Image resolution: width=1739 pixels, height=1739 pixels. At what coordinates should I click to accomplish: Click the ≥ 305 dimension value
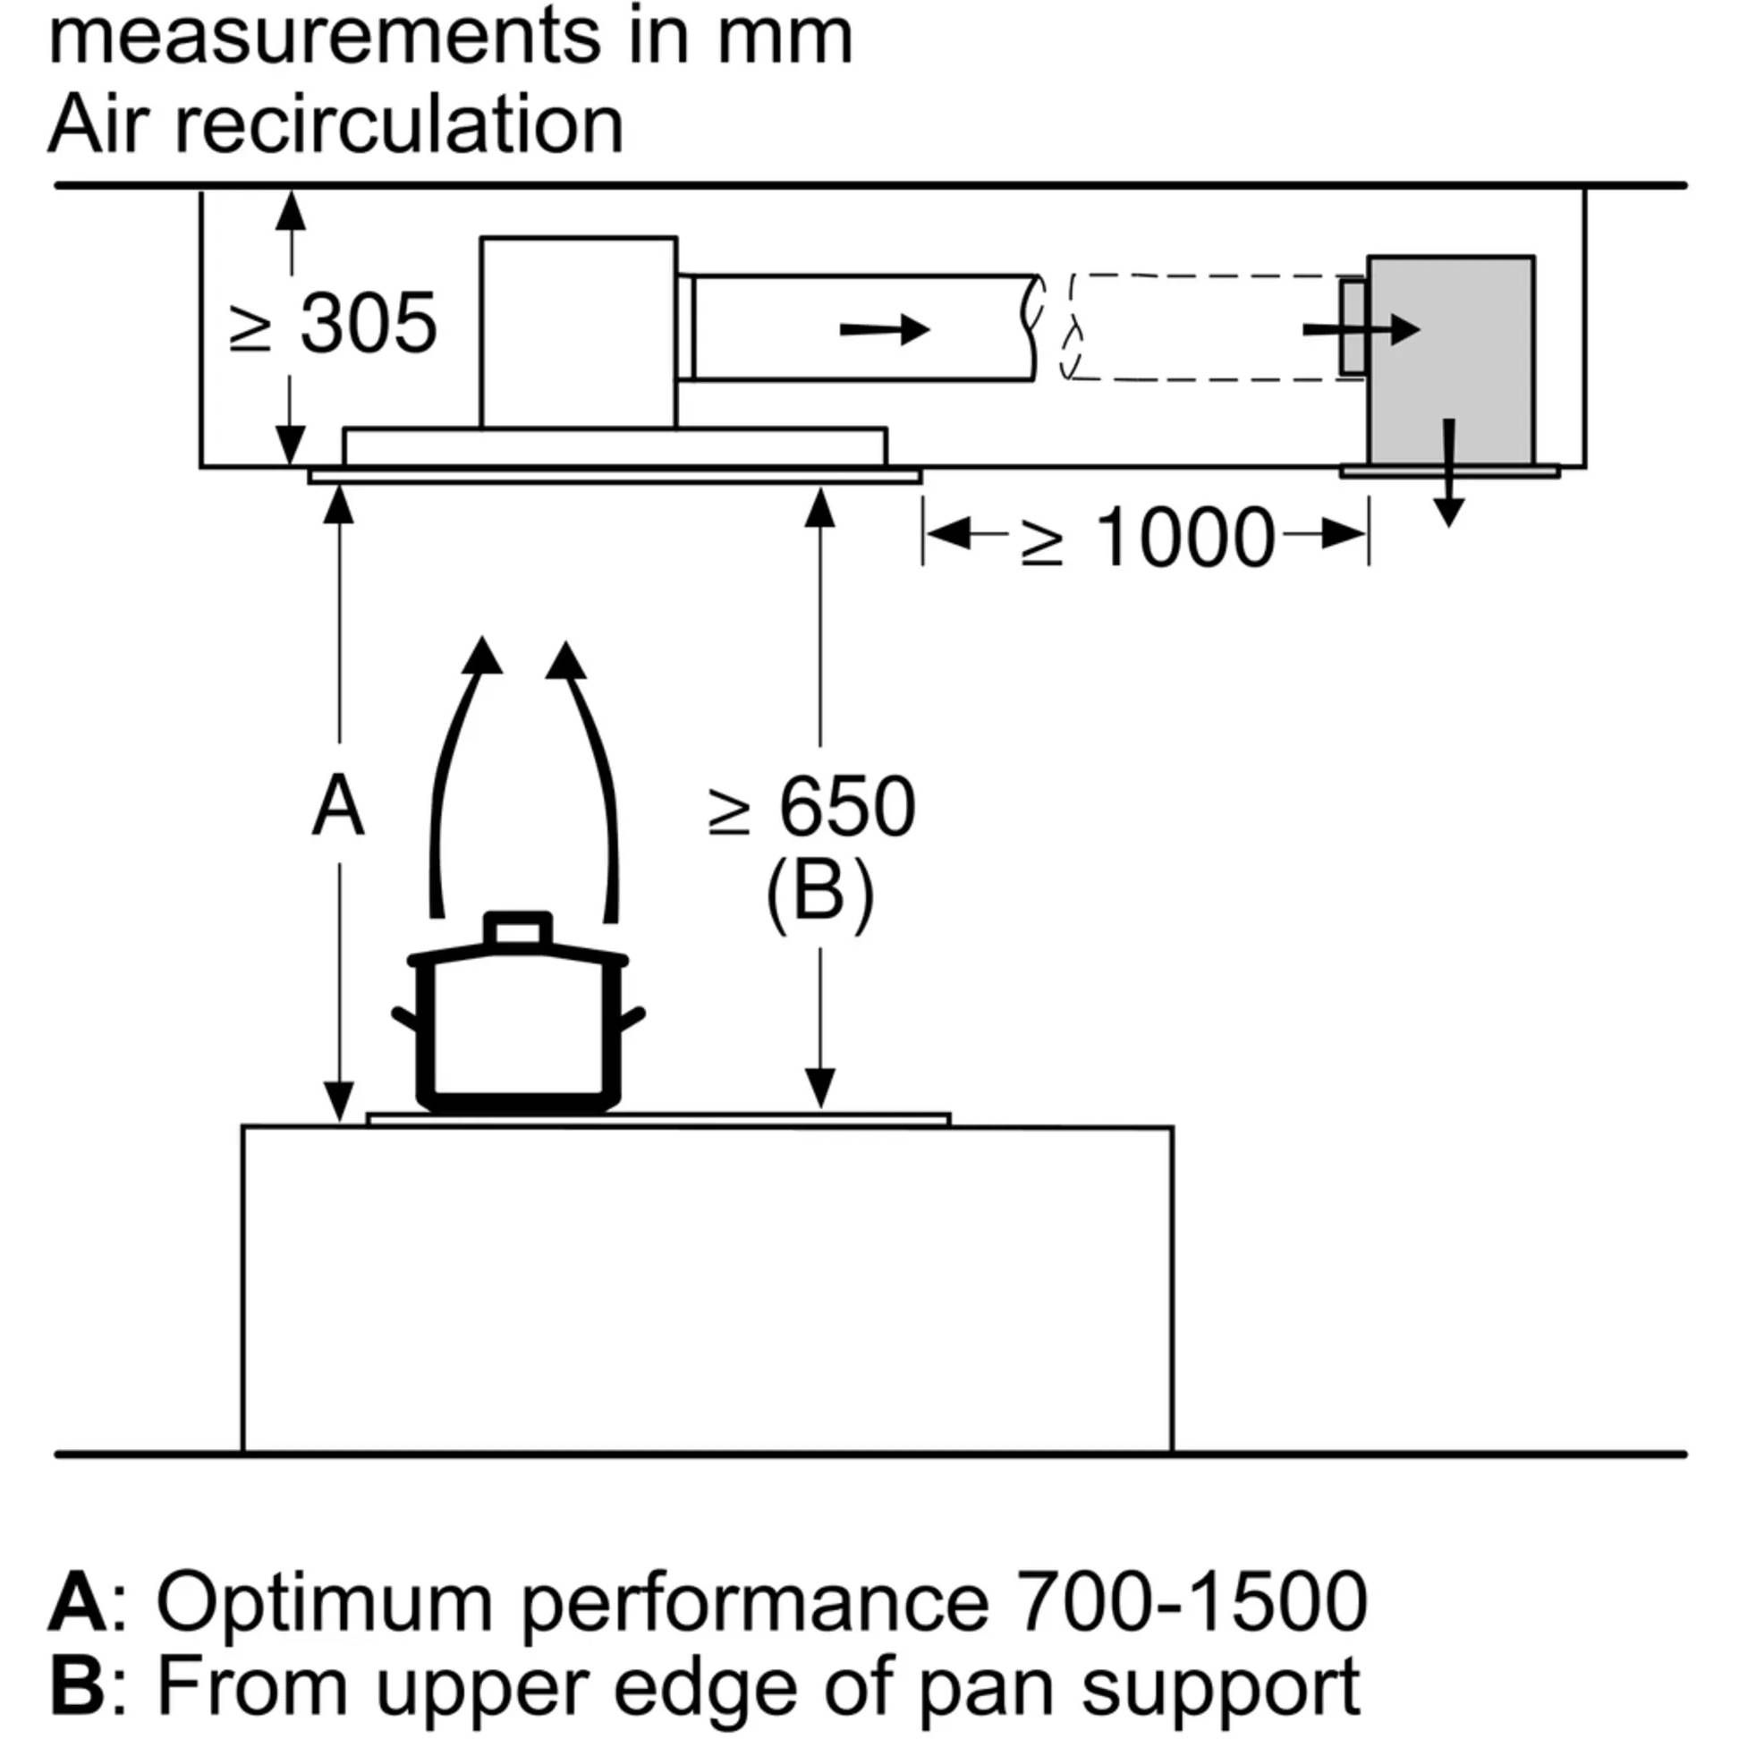(x=335, y=323)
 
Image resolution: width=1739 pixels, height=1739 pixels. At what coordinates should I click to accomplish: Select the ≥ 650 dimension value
(x=813, y=806)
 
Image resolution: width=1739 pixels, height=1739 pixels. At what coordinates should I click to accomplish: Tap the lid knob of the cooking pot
(x=518, y=928)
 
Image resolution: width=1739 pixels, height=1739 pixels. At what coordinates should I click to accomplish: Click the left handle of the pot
(x=405, y=1020)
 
